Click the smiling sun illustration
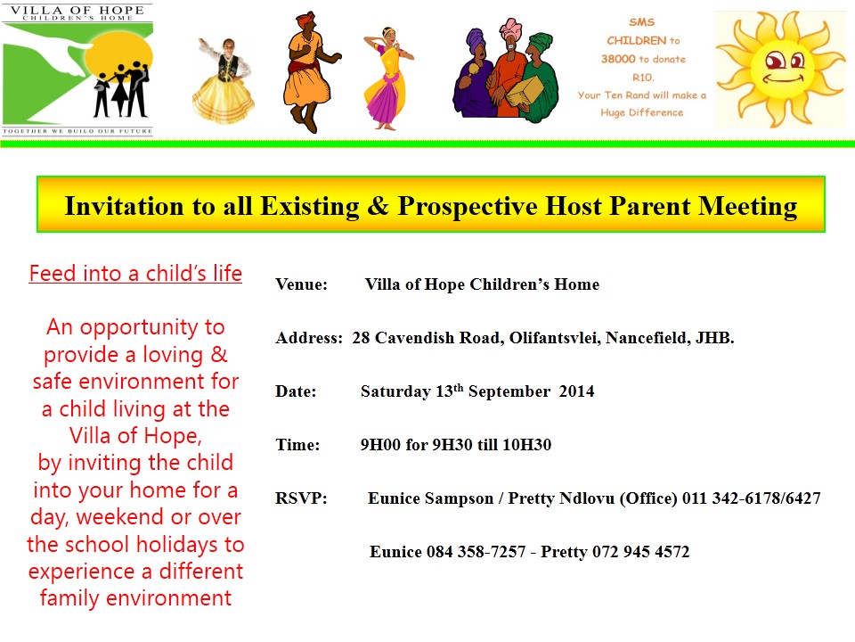pos(781,70)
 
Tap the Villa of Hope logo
pos(77,70)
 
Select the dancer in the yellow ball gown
pos(224,81)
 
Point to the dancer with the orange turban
pos(309,72)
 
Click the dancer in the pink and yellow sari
pos(387,78)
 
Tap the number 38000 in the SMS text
pos(618,59)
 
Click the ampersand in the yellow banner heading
pos(379,206)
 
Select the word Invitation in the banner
pos(124,206)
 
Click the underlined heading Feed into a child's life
pos(135,273)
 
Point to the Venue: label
pos(302,284)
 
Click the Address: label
pos(309,338)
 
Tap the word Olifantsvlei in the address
pos(555,338)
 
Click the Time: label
pos(297,445)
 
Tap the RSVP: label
pos(301,498)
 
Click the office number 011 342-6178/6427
pos(752,498)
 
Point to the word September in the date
pos(509,392)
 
